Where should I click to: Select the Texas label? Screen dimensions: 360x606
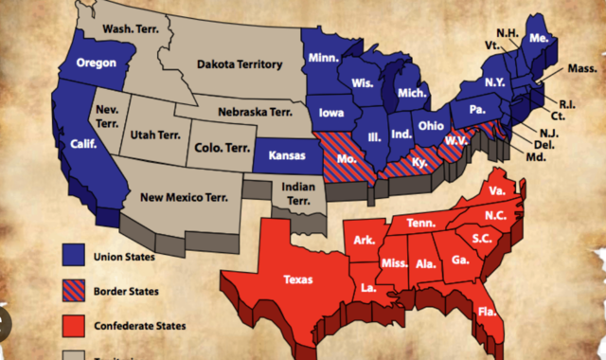tap(297, 279)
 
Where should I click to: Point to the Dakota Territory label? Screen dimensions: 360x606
tap(240, 64)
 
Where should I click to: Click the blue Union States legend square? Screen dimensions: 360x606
tap(72, 255)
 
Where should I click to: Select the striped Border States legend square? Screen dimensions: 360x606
tap(72, 291)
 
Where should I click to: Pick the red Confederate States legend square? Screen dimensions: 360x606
tap(72, 327)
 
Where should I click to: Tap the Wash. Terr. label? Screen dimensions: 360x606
tap(130, 29)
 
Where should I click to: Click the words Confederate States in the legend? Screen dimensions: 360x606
tap(140, 327)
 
